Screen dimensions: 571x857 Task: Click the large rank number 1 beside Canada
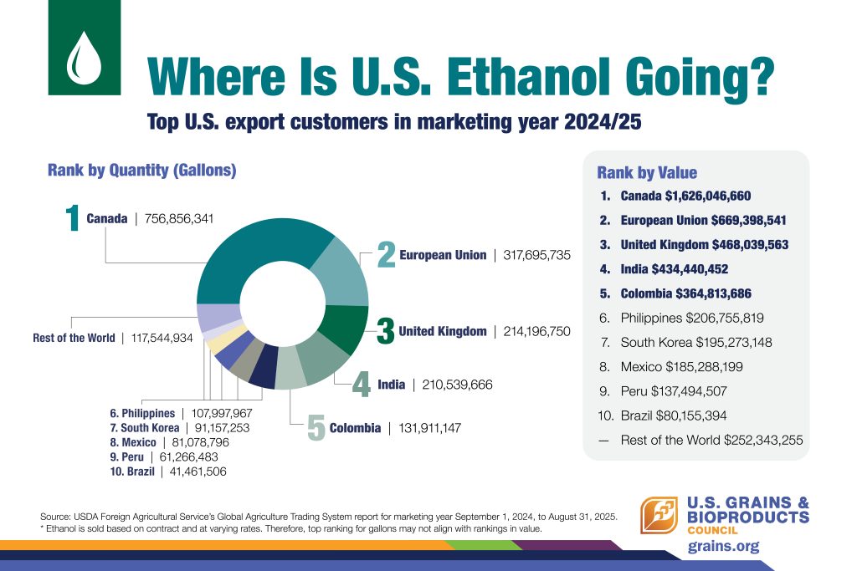[x=74, y=220]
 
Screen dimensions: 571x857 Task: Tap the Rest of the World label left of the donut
[x=74, y=338]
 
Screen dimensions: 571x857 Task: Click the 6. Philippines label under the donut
[x=141, y=413]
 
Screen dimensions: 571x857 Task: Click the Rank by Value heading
[x=646, y=173]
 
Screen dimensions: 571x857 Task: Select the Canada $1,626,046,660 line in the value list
[x=685, y=196]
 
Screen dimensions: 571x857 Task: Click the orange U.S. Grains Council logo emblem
[x=659, y=515]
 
